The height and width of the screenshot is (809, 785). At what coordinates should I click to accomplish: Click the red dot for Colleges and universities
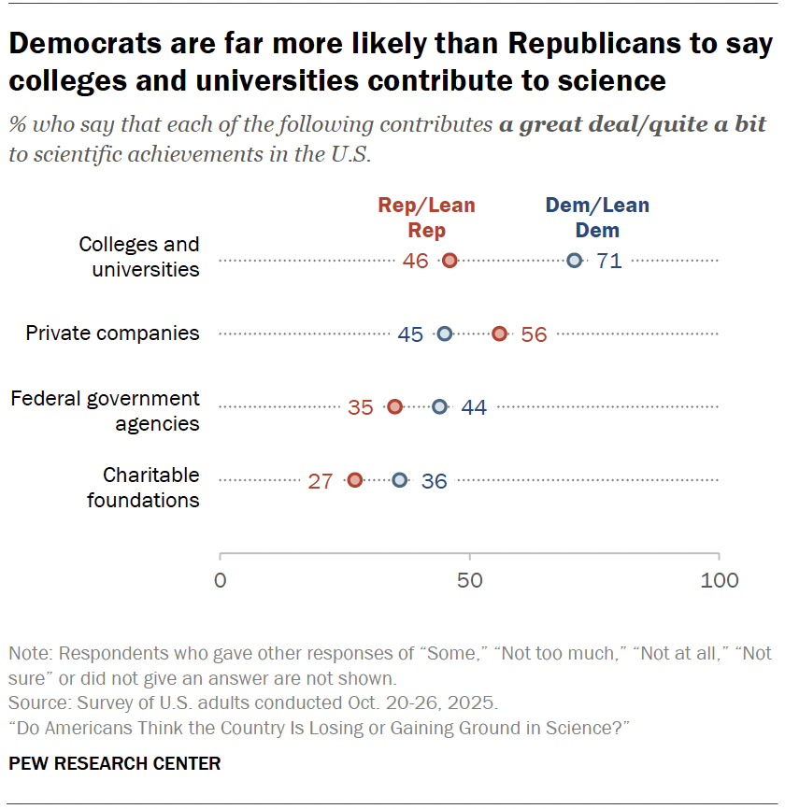pyautogui.click(x=450, y=261)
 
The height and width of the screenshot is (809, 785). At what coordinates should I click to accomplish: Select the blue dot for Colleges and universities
pyautogui.click(x=574, y=261)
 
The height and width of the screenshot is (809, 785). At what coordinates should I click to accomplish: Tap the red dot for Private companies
pyautogui.click(x=499, y=334)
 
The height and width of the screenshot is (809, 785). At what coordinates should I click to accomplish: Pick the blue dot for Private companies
pyautogui.click(x=445, y=334)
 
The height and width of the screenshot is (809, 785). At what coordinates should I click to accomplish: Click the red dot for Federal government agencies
pyautogui.click(x=394, y=406)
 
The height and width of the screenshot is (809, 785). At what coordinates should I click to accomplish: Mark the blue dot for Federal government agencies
pyautogui.click(x=439, y=406)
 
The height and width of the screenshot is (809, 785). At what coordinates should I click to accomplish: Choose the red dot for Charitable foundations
pyautogui.click(x=355, y=480)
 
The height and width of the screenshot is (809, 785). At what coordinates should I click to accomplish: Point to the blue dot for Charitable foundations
pyautogui.click(x=400, y=480)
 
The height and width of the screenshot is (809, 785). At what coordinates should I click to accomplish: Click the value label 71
pyautogui.click(x=608, y=262)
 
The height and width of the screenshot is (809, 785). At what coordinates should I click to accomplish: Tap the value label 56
pyautogui.click(x=534, y=334)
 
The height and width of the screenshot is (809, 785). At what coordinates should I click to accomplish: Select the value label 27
pyautogui.click(x=321, y=481)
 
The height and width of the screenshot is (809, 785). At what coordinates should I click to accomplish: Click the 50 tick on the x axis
pyautogui.click(x=469, y=580)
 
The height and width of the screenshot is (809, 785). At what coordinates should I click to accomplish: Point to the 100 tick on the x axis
pyautogui.click(x=719, y=580)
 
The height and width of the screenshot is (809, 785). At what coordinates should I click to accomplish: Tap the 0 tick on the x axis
pyautogui.click(x=221, y=580)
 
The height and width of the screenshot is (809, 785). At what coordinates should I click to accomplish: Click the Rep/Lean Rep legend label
pyautogui.click(x=426, y=217)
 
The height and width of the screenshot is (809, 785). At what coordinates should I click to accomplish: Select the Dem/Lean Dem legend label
pyautogui.click(x=597, y=217)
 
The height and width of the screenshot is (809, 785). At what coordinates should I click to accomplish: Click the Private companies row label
pyautogui.click(x=112, y=334)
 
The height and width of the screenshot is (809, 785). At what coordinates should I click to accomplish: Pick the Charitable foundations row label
pyautogui.click(x=143, y=488)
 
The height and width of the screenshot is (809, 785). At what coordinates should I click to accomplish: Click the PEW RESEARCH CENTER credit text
pyautogui.click(x=115, y=764)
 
